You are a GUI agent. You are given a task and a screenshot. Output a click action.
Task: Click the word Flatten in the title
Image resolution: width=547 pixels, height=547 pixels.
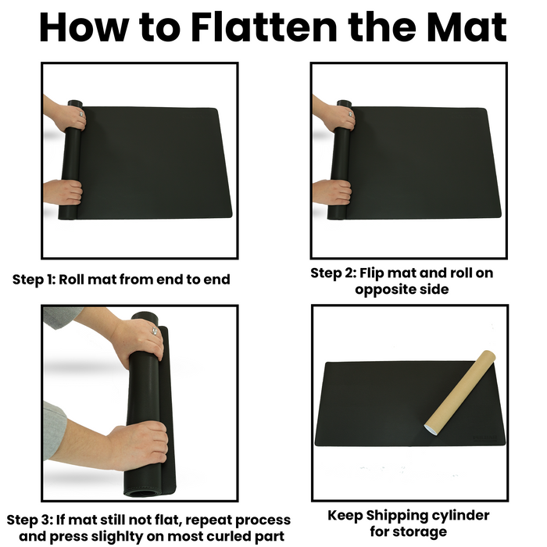tap(264, 27)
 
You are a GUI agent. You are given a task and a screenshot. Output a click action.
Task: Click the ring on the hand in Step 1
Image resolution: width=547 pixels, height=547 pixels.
tap(81, 114)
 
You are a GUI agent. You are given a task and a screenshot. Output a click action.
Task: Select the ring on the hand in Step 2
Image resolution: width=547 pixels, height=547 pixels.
tap(349, 114)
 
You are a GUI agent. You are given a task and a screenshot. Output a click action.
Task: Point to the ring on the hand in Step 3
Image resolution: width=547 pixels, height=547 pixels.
tap(155, 331)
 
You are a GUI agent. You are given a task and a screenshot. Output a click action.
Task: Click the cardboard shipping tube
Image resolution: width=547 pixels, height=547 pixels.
tap(460, 393)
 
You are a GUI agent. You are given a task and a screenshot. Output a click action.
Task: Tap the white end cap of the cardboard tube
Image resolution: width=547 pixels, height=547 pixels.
tap(431, 429)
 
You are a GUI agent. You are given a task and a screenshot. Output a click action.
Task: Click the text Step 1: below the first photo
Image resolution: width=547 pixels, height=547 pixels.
tap(34, 280)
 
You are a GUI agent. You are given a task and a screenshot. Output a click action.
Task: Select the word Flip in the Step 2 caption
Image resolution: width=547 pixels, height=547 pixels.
tap(372, 273)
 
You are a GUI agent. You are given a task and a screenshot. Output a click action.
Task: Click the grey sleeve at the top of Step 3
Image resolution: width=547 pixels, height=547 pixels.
tap(61, 316)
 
